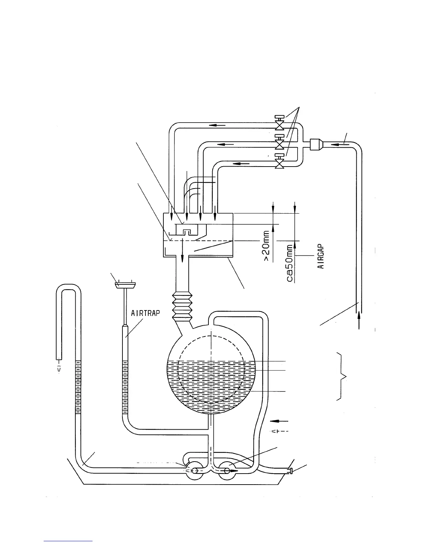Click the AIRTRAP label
[x=145, y=313]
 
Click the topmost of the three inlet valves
[x=279, y=125]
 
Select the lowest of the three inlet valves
[x=279, y=163]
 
